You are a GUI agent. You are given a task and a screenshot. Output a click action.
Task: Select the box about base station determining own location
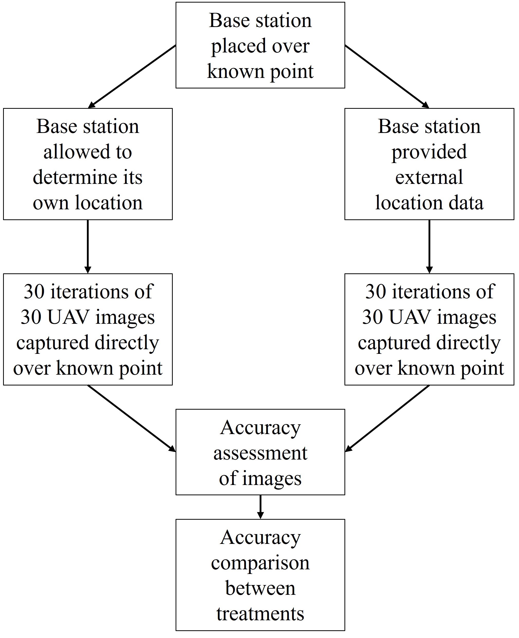tap(88, 164)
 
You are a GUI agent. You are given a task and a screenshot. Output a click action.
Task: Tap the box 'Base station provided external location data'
tap(429, 164)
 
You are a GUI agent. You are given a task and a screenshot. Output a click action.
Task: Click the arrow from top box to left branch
tap(132, 77)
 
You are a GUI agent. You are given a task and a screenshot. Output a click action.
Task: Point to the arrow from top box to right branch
tap(387, 77)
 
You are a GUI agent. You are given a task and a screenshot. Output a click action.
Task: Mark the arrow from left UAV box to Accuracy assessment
tap(132, 418)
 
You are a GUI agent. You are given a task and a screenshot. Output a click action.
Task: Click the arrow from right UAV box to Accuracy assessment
tap(387, 418)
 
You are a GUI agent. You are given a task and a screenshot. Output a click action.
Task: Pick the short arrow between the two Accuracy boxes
tap(260, 507)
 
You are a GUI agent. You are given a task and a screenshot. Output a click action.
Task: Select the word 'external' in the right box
tap(429, 177)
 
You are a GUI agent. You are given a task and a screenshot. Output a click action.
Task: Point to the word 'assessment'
tap(260, 453)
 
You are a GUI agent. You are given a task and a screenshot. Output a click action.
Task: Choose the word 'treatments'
tap(260, 614)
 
